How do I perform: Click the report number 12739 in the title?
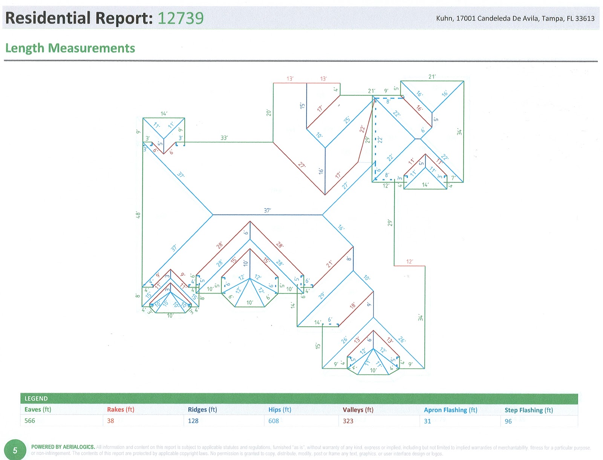click(180, 18)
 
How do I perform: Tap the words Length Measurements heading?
click(70, 48)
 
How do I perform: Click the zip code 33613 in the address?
click(585, 18)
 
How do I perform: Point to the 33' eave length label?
click(224, 138)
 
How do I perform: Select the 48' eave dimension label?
click(138, 215)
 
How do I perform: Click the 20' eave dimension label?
click(269, 113)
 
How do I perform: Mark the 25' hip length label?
click(347, 120)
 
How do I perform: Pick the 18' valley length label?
click(352, 306)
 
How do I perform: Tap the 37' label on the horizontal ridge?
click(267, 210)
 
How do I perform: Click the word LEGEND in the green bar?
click(36, 399)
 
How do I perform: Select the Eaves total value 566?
click(30, 421)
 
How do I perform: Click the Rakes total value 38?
click(110, 421)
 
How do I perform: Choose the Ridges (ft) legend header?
click(202, 410)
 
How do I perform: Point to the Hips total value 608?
click(274, 421)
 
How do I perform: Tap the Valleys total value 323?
click(348, 421)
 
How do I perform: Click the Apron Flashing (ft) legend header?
click(450, 410)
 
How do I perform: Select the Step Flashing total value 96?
click(508, 421)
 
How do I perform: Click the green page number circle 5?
click(15, 450)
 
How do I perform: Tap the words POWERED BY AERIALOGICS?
click(63, 447)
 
